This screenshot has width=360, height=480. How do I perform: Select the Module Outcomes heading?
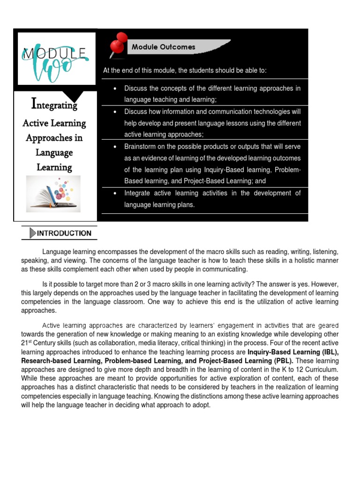tap(163, 47)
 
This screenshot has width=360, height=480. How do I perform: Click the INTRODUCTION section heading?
tap(64, 233)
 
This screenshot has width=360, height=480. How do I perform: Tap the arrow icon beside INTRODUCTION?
tap(32, 233)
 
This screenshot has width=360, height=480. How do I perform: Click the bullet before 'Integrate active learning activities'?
tap(115, 193)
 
